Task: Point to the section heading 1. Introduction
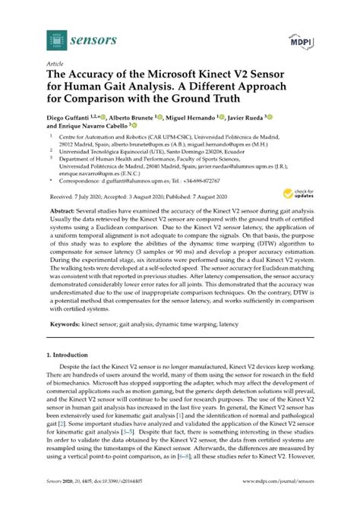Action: (72, 374)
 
